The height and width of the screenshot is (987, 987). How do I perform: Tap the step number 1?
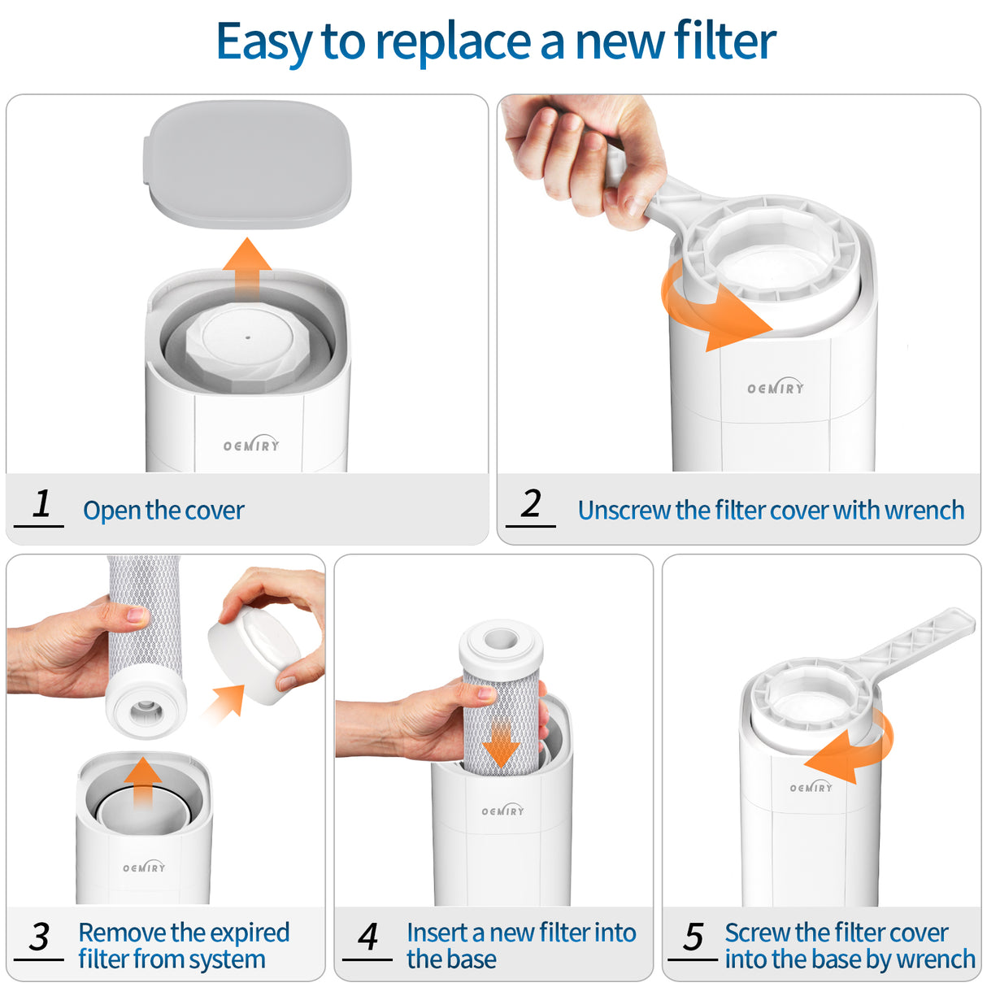[41, 504]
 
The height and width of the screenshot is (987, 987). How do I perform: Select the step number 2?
[531, 504]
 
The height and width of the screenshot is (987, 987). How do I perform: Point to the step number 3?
[39, 937]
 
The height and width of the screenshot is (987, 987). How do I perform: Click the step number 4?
[367, 937]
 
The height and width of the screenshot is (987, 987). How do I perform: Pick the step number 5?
[693, 937]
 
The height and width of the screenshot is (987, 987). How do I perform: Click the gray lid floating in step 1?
[249, 163]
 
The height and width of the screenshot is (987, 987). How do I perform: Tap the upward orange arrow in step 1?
[247, 268]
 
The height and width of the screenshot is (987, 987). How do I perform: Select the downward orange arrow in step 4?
[501, 744]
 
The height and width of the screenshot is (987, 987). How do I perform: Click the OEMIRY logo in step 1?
[251, 445]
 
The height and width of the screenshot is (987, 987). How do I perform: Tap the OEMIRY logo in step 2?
[776, 388]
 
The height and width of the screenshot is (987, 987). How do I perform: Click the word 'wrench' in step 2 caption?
[924, 511]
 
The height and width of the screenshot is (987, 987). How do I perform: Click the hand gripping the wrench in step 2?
[581, 154]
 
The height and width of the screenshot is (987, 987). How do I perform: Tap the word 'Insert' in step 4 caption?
[437, 933]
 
